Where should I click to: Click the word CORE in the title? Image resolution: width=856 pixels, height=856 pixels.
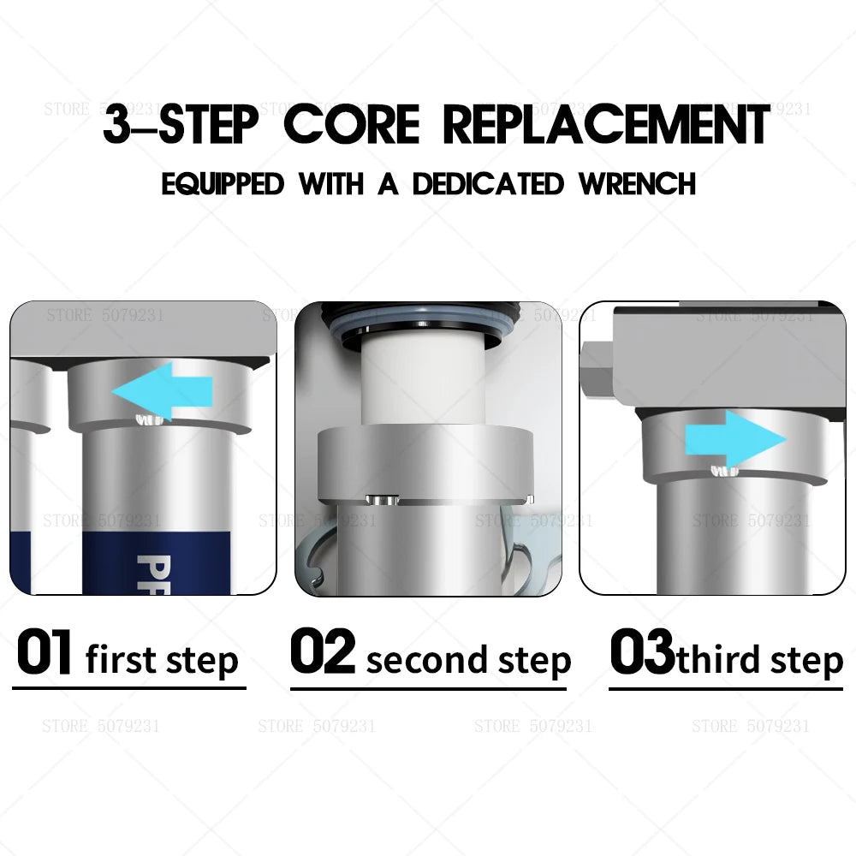tap(352, 125)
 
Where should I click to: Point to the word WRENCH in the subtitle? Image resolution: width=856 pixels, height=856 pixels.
tap(637, 184)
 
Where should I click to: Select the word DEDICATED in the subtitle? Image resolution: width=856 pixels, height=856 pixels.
tap(488, 184)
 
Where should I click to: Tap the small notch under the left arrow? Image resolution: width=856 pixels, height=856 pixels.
tap(151, 419)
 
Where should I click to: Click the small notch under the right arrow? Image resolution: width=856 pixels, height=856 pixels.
tap(722, 470)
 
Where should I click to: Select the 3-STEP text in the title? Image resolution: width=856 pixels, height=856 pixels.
tap(180, 125)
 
